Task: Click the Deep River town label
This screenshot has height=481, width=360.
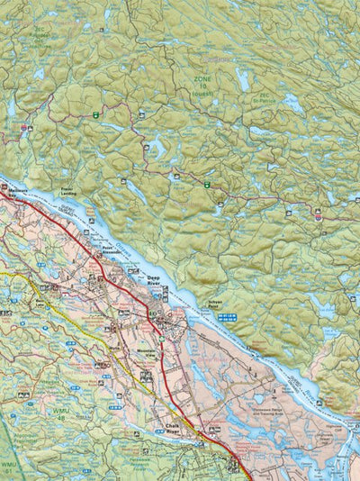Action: point(155,279)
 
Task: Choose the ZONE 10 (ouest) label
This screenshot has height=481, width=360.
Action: point(204,85)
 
